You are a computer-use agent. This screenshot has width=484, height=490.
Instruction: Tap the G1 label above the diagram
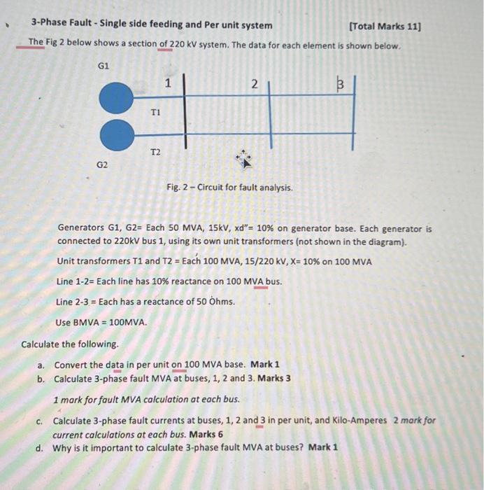103,65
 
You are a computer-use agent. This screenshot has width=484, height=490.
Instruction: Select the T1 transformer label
155,112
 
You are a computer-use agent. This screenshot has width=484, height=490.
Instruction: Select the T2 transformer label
155,152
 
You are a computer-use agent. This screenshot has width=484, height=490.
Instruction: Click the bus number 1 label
168,83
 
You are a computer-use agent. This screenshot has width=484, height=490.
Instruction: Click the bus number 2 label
255,84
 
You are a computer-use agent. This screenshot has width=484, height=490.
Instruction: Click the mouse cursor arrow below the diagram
244,159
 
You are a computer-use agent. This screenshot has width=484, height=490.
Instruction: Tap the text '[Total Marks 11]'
385,26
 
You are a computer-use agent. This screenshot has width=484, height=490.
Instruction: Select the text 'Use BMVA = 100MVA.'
102,323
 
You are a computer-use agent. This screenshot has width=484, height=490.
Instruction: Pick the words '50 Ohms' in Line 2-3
214,302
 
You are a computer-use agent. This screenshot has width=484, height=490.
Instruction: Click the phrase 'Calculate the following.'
70,344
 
